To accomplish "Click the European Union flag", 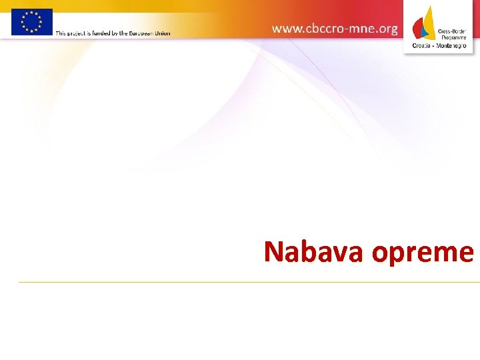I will click(31, 21).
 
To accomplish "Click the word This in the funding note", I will click(61, 33).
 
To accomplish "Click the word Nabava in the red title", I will click(314, 252).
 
